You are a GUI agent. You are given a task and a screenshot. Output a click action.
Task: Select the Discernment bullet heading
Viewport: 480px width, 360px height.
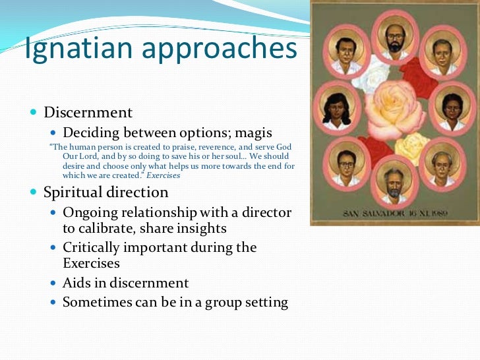click(88, 113)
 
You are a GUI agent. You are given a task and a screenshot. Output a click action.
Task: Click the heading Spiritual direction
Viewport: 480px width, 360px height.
click(105, 193)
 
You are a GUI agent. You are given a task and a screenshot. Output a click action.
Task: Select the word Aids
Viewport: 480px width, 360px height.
click(76, 283)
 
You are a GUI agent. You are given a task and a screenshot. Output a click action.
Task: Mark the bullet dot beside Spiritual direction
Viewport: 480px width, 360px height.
click(34, 193)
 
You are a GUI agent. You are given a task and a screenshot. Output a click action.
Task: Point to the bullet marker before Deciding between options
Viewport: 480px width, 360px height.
click(53, 133)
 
